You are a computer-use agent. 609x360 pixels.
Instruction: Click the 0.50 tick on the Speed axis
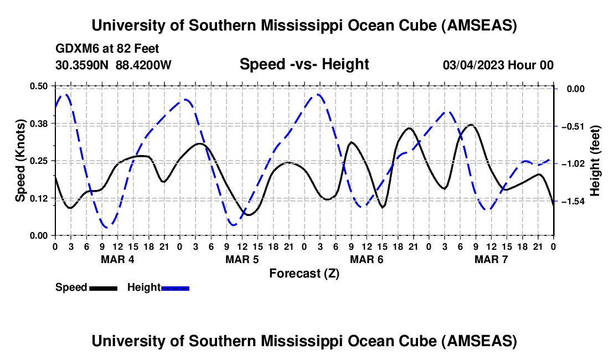click(x=39, y=86)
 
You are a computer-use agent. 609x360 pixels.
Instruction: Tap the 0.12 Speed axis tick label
click(x=39, y=198)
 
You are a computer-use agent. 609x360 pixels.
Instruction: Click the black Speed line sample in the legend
click(x=103, y=288)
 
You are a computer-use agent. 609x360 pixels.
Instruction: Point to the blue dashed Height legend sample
click(x=175, y=288)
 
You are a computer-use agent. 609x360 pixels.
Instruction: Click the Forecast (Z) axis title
click(x=304, y=274)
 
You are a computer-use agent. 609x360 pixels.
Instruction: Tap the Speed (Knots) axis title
click(x=20, y=161)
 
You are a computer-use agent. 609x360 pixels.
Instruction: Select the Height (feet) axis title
click(x=596, y=161)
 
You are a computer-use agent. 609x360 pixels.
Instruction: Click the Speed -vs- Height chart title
click(x=304, y=65)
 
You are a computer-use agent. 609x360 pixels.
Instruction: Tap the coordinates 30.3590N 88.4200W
click(x=113, y=65)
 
